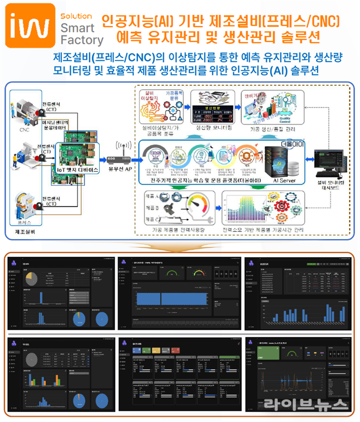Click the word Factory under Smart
[x=82, y=40]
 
